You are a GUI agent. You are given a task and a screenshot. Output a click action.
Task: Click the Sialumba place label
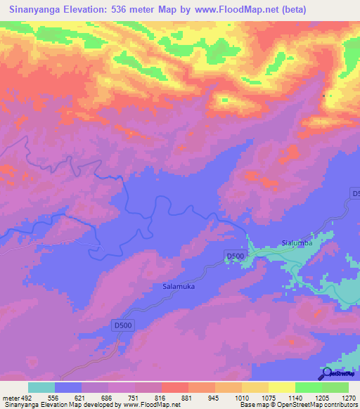tap(296, 243)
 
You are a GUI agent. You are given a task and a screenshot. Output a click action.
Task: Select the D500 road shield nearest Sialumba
tap(235, 256)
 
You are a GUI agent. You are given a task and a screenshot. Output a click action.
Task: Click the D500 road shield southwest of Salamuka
tap(123, 325)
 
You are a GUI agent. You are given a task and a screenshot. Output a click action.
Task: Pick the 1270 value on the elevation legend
tap(349, 397)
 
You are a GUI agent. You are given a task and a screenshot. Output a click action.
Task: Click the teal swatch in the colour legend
tap(41, 387)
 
